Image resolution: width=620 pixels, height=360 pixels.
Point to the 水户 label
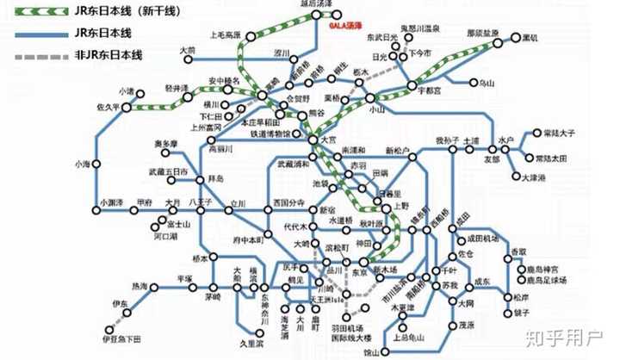[505, 140]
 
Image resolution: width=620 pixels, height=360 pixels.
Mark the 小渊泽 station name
[110, 203]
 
